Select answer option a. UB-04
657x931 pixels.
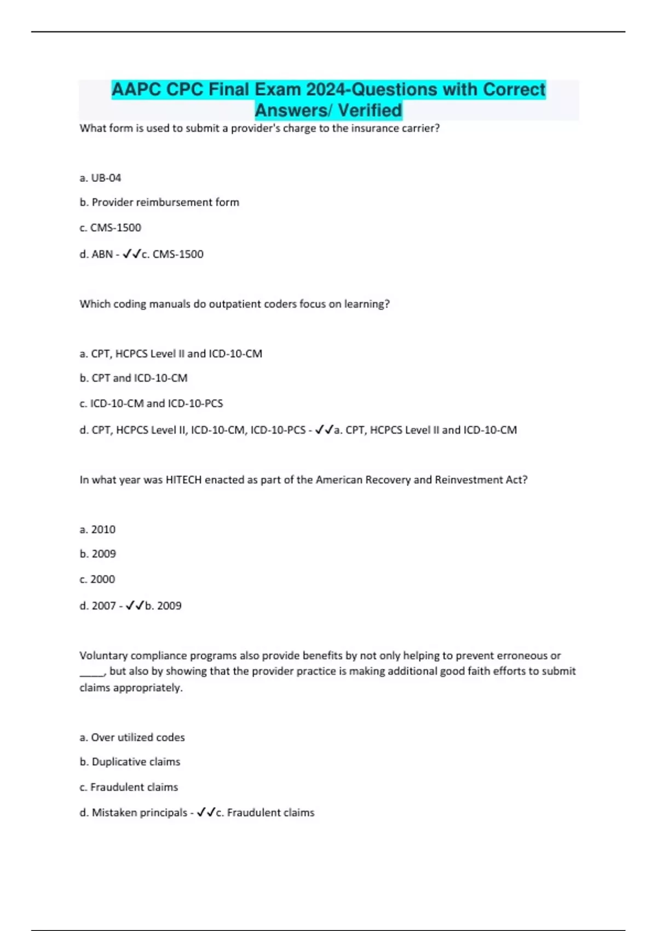pyautogui.click(x=100, y=178)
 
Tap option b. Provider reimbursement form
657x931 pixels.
pyautogui.click(x=159, y=203)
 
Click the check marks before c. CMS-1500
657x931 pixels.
pyautogui.click(x=131, y=254)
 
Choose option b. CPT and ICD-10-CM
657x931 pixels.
pyautogui.click(x=134, y=378)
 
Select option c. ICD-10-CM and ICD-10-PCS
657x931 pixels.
pyautogui.click(x=151, y=404)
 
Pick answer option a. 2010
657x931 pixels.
pyautogui.click(x=97, y=530)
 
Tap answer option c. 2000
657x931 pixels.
pyautogui.click(x=97, y=579)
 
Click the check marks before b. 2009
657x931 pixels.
pyautogui.click(x=135, y=605)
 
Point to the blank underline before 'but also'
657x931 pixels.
pyautogui.click(x=91, y=673)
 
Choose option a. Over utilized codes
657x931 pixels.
pyautogui.click(x=132, y=738)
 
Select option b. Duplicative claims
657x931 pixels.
pyautogui.click(x=130, y=762)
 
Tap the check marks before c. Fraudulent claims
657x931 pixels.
pyautogui.click(x=206, y=812)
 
